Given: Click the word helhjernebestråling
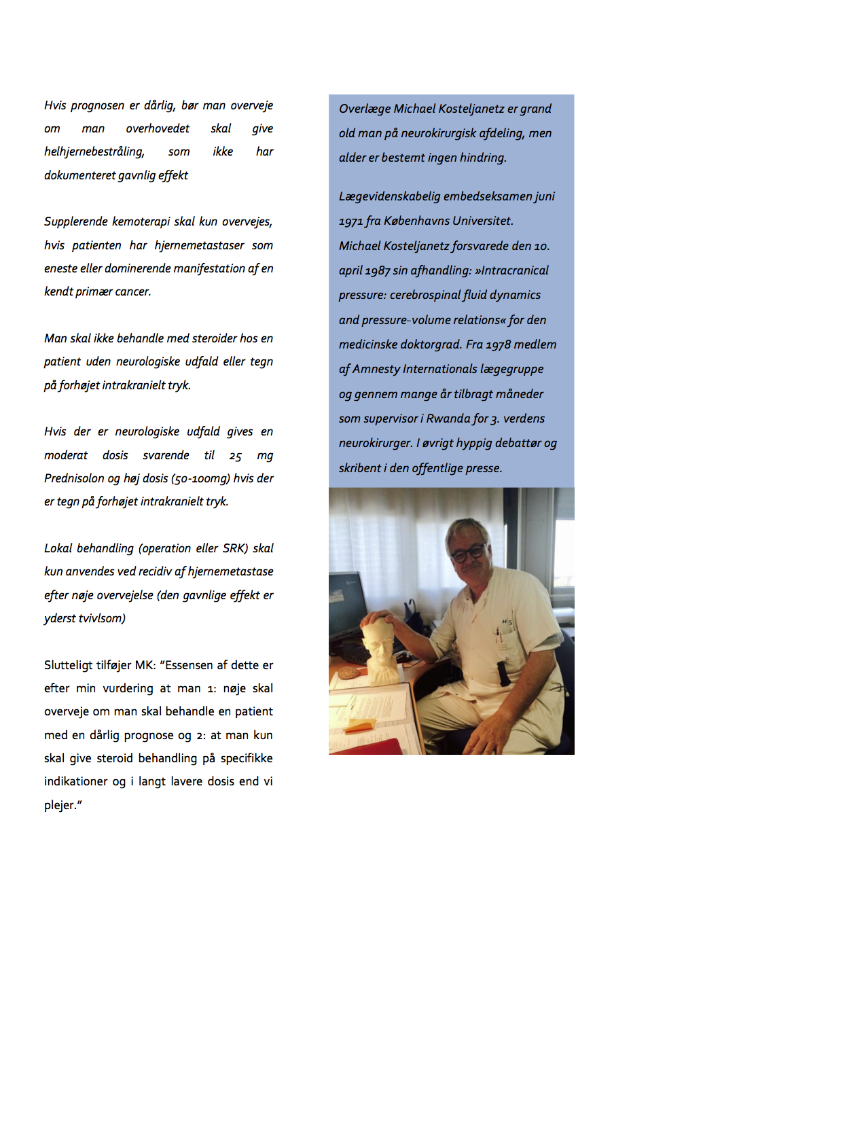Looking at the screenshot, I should (x=94, y=152).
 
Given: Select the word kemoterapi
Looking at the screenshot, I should (x=141, y=222).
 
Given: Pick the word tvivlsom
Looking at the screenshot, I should (x=103, y=618).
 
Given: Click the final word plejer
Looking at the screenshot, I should (x=61, y=805).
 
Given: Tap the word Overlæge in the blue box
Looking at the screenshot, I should (x=365, y=109).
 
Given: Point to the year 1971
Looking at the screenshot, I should (x=350, y=221).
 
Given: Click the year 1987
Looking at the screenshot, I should (x=378, y=271).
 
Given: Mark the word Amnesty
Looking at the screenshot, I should (x=376, y=369).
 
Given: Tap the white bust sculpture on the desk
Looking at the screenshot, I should (x=380, y=649).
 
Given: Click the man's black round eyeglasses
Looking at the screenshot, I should (x=468, y=552).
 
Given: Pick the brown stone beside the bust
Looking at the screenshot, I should (x=349, y=673).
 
